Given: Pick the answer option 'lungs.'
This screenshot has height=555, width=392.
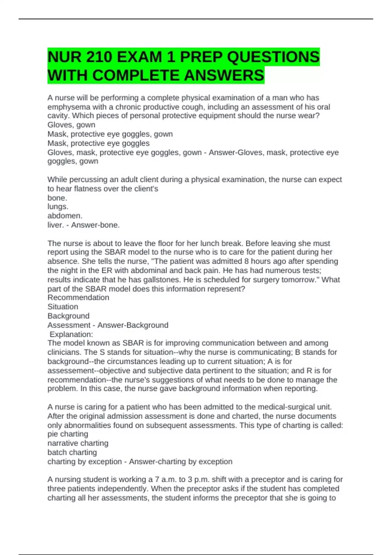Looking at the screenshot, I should click(58, 207).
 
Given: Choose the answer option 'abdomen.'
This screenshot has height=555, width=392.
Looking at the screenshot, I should click(65, 216).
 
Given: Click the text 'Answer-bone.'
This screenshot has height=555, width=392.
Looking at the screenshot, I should click(95, 225).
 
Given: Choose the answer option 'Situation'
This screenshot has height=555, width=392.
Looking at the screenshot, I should click(63, 307).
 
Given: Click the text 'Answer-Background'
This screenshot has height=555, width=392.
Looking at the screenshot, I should click(133, 325).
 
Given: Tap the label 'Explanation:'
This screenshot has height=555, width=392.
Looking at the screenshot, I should click(71, 334).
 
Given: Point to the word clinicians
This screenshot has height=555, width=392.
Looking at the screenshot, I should click(64, 352).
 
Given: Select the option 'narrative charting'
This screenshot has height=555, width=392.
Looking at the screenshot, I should click(78, 443).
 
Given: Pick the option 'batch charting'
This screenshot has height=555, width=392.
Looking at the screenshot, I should click(72, 452).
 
